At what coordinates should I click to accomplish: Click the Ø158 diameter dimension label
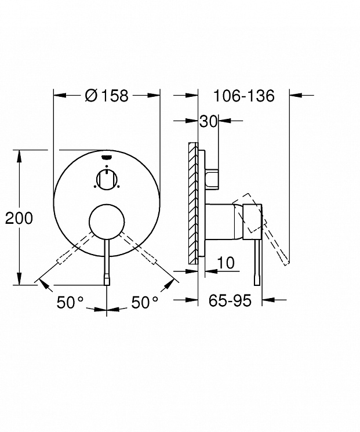click(107, 95)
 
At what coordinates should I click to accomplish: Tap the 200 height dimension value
click(19, 218)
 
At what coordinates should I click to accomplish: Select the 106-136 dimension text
click(244, 96)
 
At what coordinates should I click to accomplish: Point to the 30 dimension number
click(209, 121)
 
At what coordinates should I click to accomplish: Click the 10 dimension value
click(226, 263)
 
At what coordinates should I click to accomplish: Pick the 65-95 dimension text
click(230, 300)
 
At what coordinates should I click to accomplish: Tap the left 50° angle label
click(70, 302)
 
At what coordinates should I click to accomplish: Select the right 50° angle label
click(145, 302)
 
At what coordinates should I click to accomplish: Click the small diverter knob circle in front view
click(107, 180)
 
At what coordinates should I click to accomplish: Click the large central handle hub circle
click(107, 222)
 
